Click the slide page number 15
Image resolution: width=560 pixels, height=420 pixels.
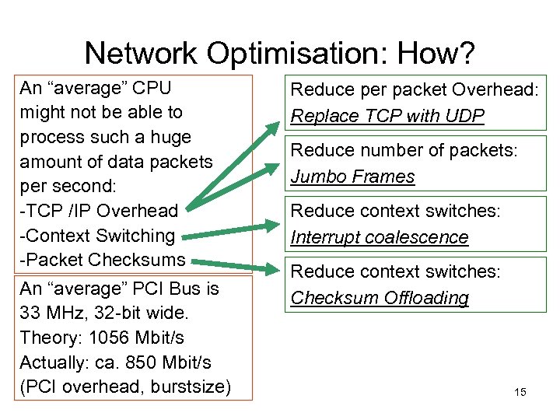click(x=520, y=392)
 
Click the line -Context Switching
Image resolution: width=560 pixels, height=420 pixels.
click(x=97, y=235)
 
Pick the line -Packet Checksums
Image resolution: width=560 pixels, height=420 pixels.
click(x=102, y=259)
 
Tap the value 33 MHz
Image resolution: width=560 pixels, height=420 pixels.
click(x=54, y=313)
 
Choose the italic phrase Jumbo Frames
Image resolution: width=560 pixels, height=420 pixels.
click(x=352, y=177)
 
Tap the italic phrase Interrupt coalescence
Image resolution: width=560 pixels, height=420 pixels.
click(x=380, y=237)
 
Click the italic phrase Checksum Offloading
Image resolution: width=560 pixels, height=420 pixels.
click(x=380, y=298)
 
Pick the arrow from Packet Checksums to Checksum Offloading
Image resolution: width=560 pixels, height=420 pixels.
click(x=233, y=264)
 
